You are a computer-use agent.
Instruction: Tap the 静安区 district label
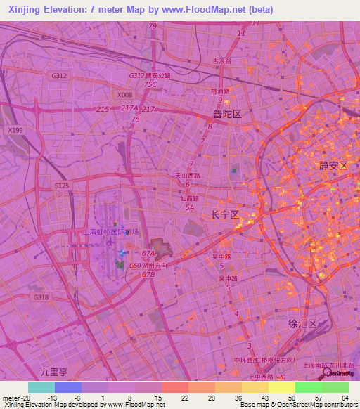[x=333, y=166]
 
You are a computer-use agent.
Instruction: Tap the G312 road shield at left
[x=59, y=76]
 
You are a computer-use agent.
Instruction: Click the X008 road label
[x=124, y=95]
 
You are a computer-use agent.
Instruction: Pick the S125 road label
[x=62, y=185]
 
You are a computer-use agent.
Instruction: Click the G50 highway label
[x=135, y=266]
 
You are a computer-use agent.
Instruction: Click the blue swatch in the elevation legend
[x=68, y=387]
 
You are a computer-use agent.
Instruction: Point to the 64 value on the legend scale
[x=345, y=397]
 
